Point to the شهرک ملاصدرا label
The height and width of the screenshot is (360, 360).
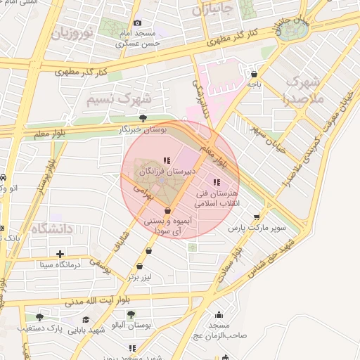305,89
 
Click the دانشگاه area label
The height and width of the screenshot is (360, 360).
53,228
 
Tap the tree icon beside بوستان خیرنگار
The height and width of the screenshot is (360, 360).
143,118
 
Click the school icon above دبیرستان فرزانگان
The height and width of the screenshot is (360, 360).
167,160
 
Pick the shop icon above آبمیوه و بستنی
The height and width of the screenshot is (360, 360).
167,211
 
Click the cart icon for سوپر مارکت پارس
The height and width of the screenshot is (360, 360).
257,217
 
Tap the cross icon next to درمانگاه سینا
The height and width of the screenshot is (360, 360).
60,254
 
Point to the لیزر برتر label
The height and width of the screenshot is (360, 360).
140,277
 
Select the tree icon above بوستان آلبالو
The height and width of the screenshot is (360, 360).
130,314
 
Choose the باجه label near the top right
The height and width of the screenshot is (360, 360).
254,84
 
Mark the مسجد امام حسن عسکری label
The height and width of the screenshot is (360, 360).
139,38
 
